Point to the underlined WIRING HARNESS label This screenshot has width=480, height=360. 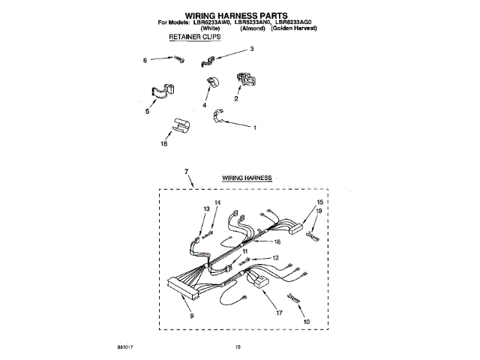(x=247, y=178)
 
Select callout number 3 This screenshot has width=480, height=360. (x=252, y=49)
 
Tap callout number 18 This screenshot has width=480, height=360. (x=164, y=145)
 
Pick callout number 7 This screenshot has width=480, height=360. (x=186, y=172)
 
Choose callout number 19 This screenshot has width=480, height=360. (x=318, y=212)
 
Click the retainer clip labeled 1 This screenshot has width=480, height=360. (x=218, y=115)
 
